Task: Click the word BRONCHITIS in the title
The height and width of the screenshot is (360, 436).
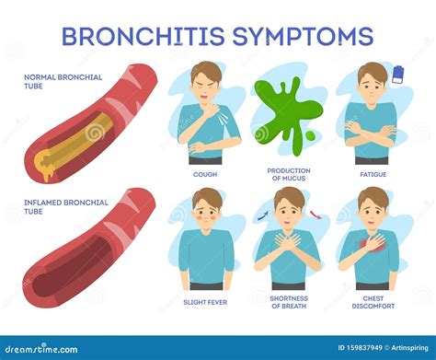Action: click(x=144, y=36)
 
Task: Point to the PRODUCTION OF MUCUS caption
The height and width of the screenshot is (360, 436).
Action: click(x=288, y=175)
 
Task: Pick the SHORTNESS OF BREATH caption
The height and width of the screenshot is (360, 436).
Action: click(x=288, y=300)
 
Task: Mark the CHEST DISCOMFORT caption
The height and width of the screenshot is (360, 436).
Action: click(x=371, y=300)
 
